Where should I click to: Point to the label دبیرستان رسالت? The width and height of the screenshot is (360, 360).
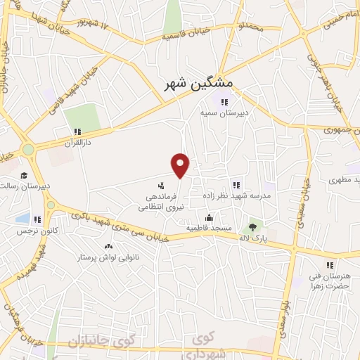pyautogui.click(x=25, y=186)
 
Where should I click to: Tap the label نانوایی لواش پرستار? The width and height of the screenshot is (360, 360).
pyautogui.click(x=108, y=257)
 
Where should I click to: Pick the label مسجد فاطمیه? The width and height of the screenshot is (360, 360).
pyautogui.click(x=208, y=229)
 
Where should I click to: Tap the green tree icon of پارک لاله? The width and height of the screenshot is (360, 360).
pyautogui.click(x=252, y=226)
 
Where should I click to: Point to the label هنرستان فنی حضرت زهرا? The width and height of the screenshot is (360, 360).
pyautogui.click(x=328, y=281)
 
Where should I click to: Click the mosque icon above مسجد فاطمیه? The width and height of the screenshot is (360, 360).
pyautogui.click(x=208, y=217)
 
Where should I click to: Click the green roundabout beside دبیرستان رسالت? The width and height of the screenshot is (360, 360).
pyautogui.click(x=28, y=150)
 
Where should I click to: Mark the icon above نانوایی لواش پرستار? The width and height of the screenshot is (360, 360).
pyautogui.click(x=108, y=246)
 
